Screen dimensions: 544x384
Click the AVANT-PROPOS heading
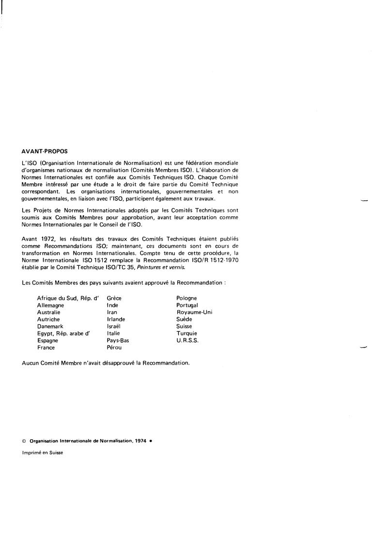(45, 151)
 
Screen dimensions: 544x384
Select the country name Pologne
(187, 298)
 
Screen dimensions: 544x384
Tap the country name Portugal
(187, 305)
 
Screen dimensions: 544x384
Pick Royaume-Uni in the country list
(194, 312)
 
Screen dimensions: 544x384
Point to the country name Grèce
(114, 298)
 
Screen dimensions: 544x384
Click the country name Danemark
(50, 326)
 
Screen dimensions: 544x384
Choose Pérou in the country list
(114, 348)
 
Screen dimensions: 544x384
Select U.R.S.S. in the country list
(187, 340)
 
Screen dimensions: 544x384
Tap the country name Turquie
(187, 334)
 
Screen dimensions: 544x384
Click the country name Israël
(113, 326)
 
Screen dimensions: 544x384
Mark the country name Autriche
(48, 320)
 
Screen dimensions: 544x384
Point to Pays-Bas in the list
(118, 340)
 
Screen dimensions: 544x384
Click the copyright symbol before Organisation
(24, 441)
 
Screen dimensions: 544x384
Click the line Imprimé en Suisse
(43, 453)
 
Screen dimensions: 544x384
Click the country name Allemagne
(50, 305)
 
